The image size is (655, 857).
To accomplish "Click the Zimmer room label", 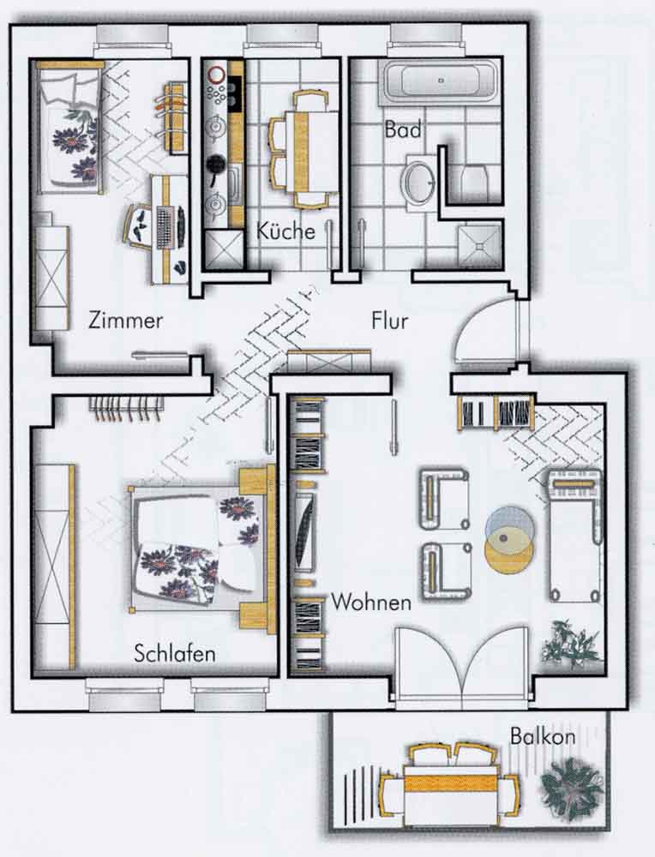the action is [x=126, y=320].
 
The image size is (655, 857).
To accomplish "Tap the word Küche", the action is [x=286, y=231].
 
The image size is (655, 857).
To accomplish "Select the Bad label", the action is [x=403, y=129].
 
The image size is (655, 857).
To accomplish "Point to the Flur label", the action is [x=390, y=320].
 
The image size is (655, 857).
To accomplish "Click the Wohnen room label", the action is [x=371, y=602].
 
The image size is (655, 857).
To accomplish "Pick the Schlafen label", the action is [x=175, y=653].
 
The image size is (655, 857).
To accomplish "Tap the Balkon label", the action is [x=543, y=736].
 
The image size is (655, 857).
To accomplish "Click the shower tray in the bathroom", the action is [x=479, y=247].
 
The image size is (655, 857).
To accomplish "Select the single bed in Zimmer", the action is [x=69, y=128].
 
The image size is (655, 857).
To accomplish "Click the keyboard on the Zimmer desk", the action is [x=165, y=226].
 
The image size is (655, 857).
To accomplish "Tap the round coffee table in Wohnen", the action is [x=509, y=539].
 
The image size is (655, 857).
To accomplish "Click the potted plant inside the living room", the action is [x=571, y=644].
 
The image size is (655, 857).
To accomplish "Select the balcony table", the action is [x=450, y=784].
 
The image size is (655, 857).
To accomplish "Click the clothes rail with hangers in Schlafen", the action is [x=127, y=408].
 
